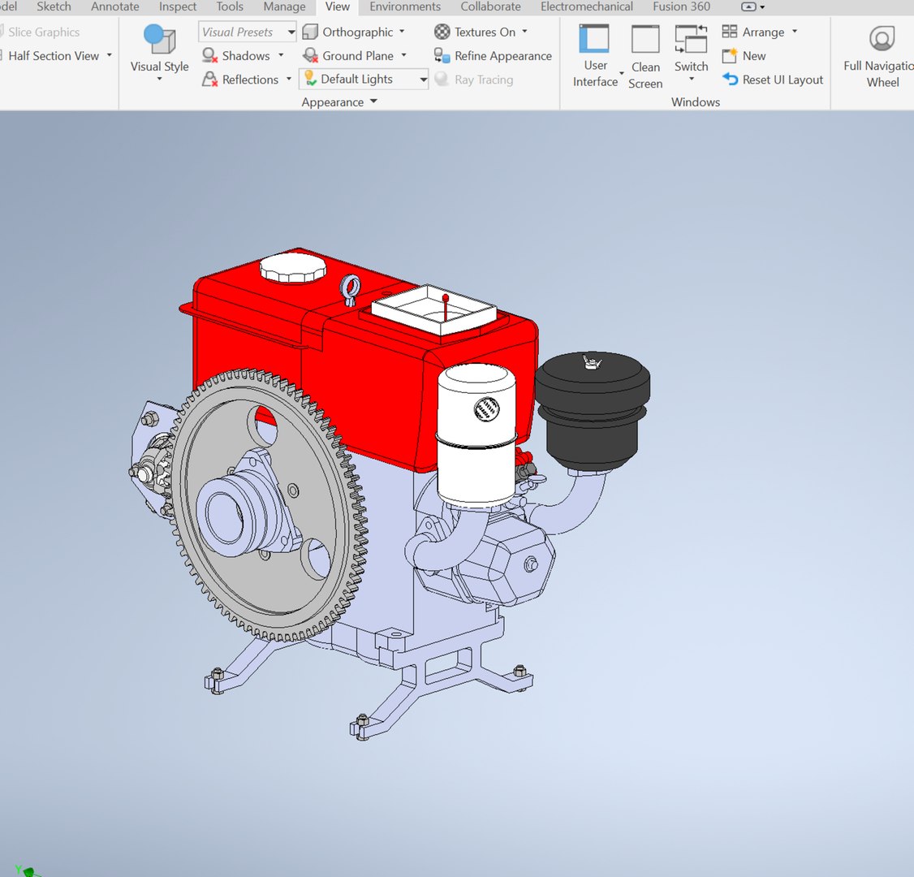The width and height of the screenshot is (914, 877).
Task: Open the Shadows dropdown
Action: (281, 56)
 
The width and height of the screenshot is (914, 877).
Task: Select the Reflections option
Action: (250, 80)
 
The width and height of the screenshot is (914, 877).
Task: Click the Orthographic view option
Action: (357, 32)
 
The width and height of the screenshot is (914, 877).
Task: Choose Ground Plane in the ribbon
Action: (357, 56)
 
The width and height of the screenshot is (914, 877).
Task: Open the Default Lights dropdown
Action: (423, 80)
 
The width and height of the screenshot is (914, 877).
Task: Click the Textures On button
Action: (484, 32)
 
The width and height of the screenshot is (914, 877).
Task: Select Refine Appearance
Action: (502, 56)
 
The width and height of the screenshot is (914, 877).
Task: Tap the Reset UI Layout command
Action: (782, 80)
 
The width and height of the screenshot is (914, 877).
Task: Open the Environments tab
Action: (405, 6)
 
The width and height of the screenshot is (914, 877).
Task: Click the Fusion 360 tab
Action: (681, 6)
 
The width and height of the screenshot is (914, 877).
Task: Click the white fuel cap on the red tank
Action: (293, 267)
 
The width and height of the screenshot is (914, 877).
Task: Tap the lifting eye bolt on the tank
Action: (351, 289)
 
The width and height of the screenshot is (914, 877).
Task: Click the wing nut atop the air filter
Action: (591, 361)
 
